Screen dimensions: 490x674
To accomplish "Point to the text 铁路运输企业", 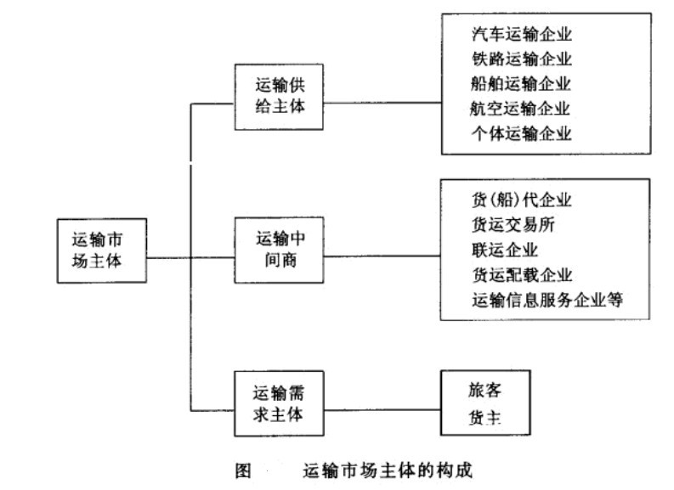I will (521, 59).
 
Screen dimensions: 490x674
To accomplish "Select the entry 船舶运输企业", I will (521, 84).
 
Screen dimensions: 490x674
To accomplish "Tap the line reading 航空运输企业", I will (521, 109).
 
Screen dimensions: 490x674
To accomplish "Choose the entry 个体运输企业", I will (521, 133).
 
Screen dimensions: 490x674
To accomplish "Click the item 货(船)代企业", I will (521, 200).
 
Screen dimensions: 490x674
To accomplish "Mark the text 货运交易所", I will (513, 225).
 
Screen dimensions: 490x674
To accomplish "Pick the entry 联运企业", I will (504, 250).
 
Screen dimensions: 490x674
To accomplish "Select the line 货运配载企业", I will (521, 275).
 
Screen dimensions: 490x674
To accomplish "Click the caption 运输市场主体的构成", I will (387, 469).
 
